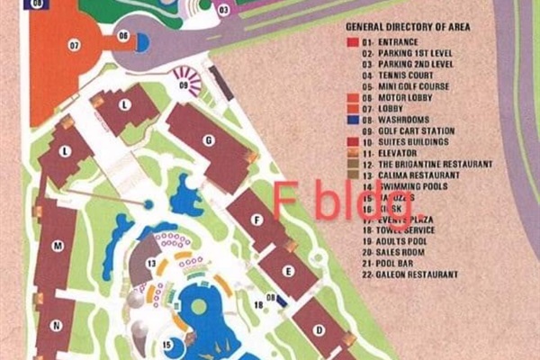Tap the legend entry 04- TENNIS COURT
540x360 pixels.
pos(394,76)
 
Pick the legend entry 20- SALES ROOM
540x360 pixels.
pos(392,253)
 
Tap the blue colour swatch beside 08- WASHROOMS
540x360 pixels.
pos(352,120)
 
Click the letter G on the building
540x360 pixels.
pos(208,139)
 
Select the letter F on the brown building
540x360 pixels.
pos(256,219)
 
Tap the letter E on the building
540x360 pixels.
pos(288,270)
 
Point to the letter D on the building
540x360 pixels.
pos(319,329)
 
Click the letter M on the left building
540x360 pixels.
pos(57,245)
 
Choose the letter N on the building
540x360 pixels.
pos(56,326)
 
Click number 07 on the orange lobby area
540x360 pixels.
pos(74,44)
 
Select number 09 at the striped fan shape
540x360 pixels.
pos(184,85)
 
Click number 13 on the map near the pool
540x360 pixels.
pos(152,263)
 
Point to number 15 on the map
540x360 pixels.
pos(167,343)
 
